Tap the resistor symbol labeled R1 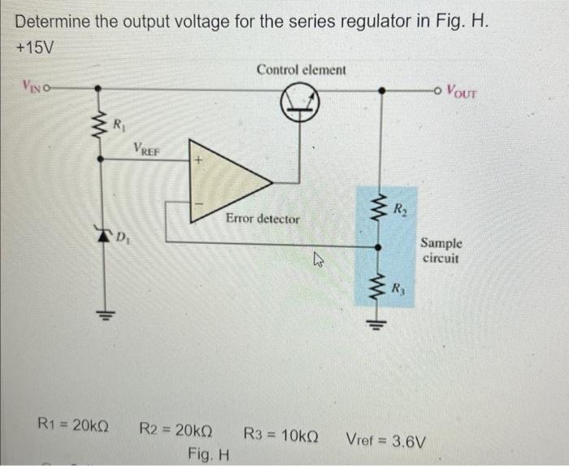pos(99,127)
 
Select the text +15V pos(35,47)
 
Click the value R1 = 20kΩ pos(76,425)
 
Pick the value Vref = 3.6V pos(385,440)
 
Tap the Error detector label pos(263,219)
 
